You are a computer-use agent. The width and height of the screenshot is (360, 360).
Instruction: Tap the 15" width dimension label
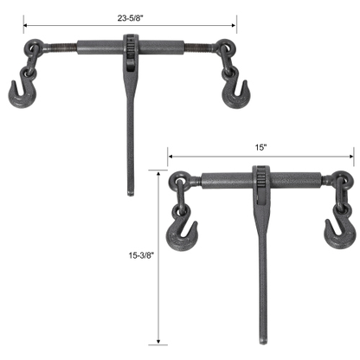coord(261,148)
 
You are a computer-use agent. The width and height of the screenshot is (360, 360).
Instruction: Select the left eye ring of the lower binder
coord(179,183)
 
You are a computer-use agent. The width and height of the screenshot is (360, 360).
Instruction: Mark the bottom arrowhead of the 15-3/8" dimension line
coord(158,341)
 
